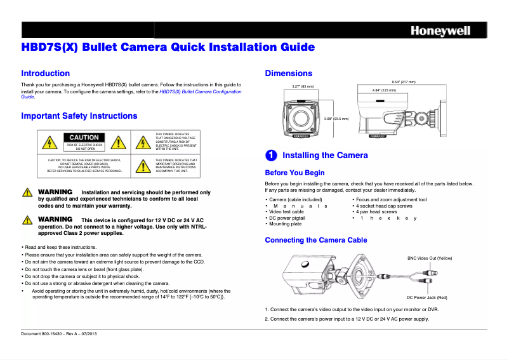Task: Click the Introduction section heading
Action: pyautogui.click(x=46, y=74)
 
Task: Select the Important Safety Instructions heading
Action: pyautogui.click(x=79, y=116)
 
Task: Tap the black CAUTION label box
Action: pyautogui.click(x=84, y=137)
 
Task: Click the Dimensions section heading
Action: pyautogui.click(x=288, y=74)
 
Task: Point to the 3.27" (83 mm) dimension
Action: pyautogui.click(x=303, y=86)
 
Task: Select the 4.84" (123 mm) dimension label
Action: pyautogui.click(x=384, y=90)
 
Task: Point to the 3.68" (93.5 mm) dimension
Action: pyautogui.click(x=336, y=118)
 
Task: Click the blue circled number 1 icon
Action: pyautogui.click(x=270, y=156)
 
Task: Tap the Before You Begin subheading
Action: pyautogui.click(x=294, y=173)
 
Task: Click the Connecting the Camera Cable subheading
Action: pyautogui.click(x=315, y=240)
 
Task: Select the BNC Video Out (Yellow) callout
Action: pyautogui.click(x=429, y=258)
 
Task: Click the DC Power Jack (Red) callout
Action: pyautogui.click(x=426, y=297)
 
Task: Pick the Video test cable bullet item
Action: pyautogui.click(x=293, y=211)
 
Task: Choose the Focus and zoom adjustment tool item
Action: pyautogui.click(x=392, y=199)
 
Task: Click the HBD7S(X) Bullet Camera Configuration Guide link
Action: pyautogui.click(x=201, y=92)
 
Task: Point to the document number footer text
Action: pyautogui.click(x=59, y=334)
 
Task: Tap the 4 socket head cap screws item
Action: pyautogui.click(x=385, y=206)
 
